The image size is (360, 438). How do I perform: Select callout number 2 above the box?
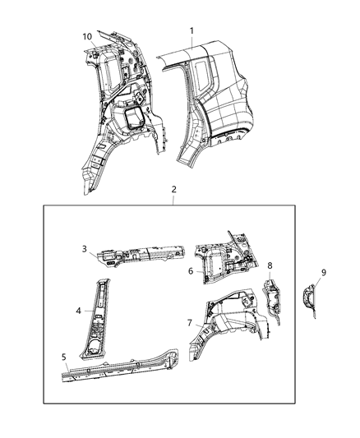(173, 189)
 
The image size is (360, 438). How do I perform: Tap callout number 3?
(84, 247)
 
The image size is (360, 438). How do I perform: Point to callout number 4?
(78, 311)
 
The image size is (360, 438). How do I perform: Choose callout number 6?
(191, 270)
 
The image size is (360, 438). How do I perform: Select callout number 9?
(323, 272)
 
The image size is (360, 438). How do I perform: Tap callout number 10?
(87, 36)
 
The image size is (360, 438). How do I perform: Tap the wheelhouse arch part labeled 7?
(230, 316)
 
